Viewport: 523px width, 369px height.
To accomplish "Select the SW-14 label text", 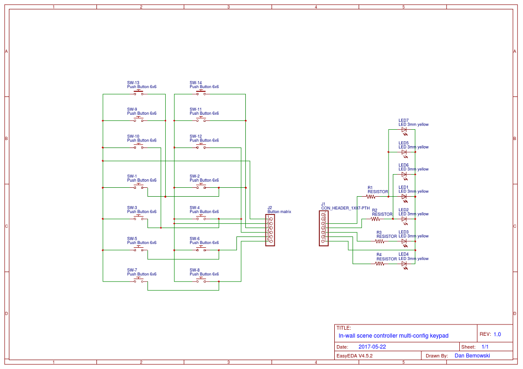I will [196, 82].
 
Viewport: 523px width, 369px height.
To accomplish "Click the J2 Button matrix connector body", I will [270, 230].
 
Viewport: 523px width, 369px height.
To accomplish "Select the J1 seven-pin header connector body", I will [324, 228].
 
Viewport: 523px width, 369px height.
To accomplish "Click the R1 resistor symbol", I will [371, 197].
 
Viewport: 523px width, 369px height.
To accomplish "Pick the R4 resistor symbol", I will [380, 264].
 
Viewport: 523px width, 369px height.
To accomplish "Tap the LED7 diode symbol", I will [404, 130].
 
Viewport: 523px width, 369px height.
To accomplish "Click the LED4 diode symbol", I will [404, 264].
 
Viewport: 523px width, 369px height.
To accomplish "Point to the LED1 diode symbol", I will [404, 197].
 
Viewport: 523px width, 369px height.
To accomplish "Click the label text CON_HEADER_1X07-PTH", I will [345, 208].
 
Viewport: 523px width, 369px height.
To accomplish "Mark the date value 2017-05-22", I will [372, 347].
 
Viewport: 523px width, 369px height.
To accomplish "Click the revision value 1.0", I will [497, 334].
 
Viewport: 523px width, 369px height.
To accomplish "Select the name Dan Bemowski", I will [472, 356].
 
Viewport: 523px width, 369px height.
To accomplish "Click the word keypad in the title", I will [439, 336].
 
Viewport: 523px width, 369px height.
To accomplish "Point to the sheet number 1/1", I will [485, 347].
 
